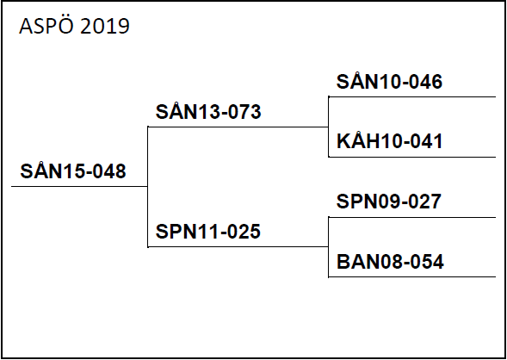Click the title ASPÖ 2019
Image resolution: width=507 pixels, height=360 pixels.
point(74,25)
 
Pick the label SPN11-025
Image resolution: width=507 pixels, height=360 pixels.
point(208,232)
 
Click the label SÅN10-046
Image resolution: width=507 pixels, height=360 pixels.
point(389,80)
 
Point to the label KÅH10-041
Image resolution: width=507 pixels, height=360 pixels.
point(390,140)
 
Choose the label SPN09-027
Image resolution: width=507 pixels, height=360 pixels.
point(389,202)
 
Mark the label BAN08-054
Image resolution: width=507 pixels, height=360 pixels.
point(390,261)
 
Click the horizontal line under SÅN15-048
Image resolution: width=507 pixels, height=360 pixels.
point(79,186)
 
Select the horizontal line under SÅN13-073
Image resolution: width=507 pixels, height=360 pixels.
point(238,127)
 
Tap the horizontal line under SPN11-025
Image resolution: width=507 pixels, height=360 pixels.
point(238,247)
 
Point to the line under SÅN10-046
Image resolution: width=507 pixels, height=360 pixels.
point(412,96)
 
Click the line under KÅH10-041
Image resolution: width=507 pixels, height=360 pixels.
point(412,157)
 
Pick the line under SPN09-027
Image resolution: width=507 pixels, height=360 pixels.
point(412,217)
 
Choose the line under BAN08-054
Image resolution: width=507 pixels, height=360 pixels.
point(412,276)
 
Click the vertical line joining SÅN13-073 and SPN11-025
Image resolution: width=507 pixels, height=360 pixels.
point(148,187)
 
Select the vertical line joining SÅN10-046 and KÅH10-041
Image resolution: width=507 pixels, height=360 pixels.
point(329,127)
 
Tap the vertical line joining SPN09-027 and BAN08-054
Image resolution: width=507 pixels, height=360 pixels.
point(329,247)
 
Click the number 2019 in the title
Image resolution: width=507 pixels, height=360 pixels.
point(105,27)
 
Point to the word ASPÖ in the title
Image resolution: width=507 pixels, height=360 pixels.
point(46,25)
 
